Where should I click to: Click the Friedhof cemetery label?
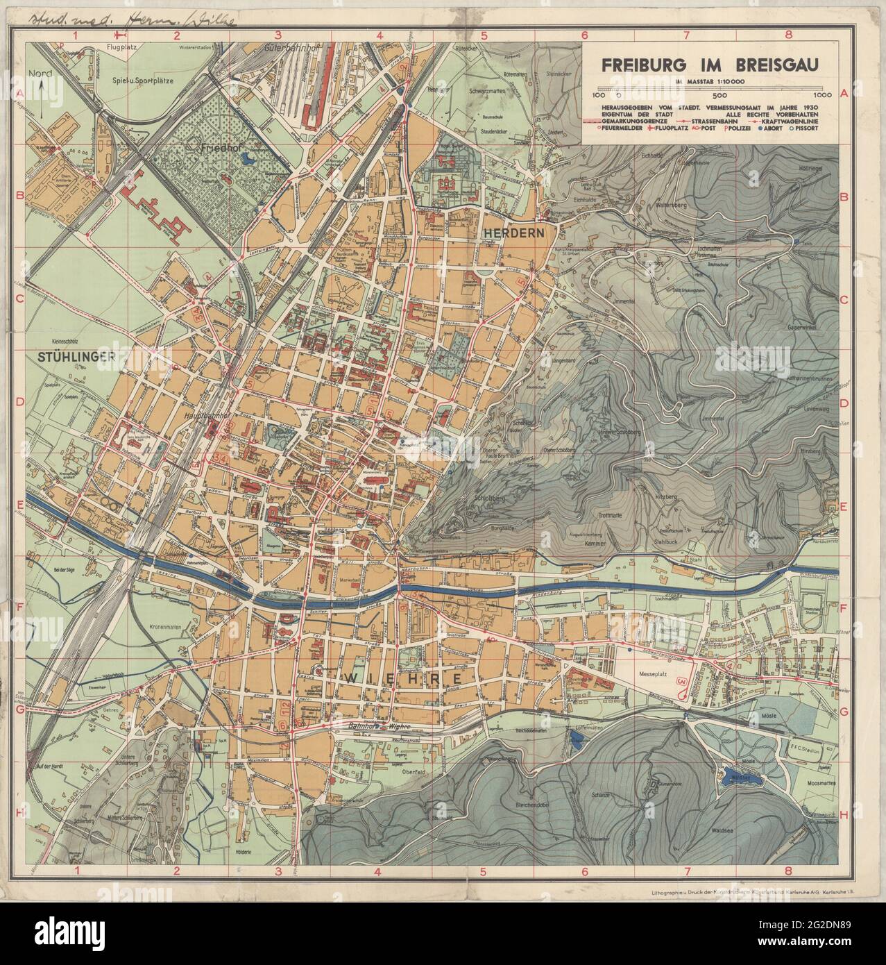pyautogui.click(x=216, y=148)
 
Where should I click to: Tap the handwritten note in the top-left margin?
pyautogui.click(x=121, y=17)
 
